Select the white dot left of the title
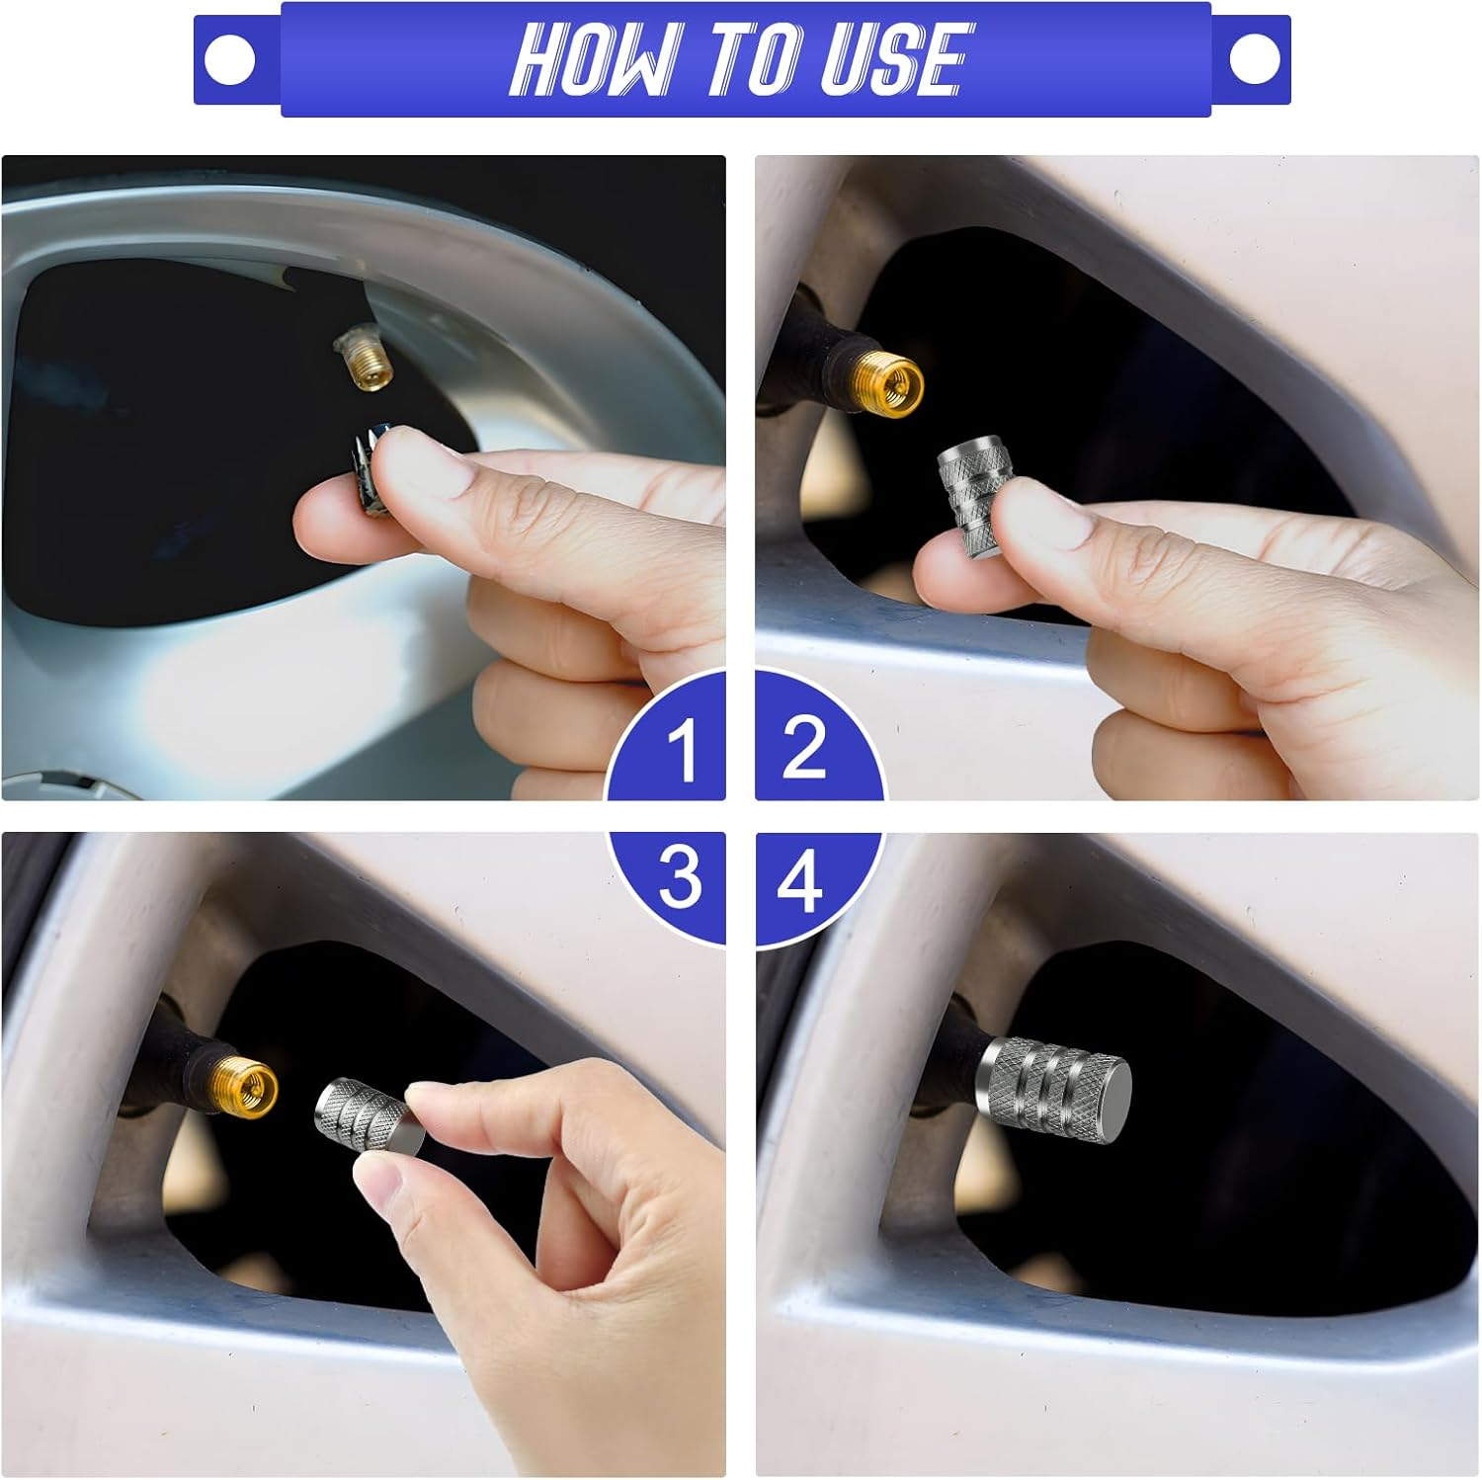click(x=229, y=59)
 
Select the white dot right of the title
click(x=1255, y=59)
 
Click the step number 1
click(x=682, y=751)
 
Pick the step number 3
click(x=680, y=877)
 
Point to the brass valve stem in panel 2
click(x=889, y=378)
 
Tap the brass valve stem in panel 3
click(x=243, y=1080)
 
